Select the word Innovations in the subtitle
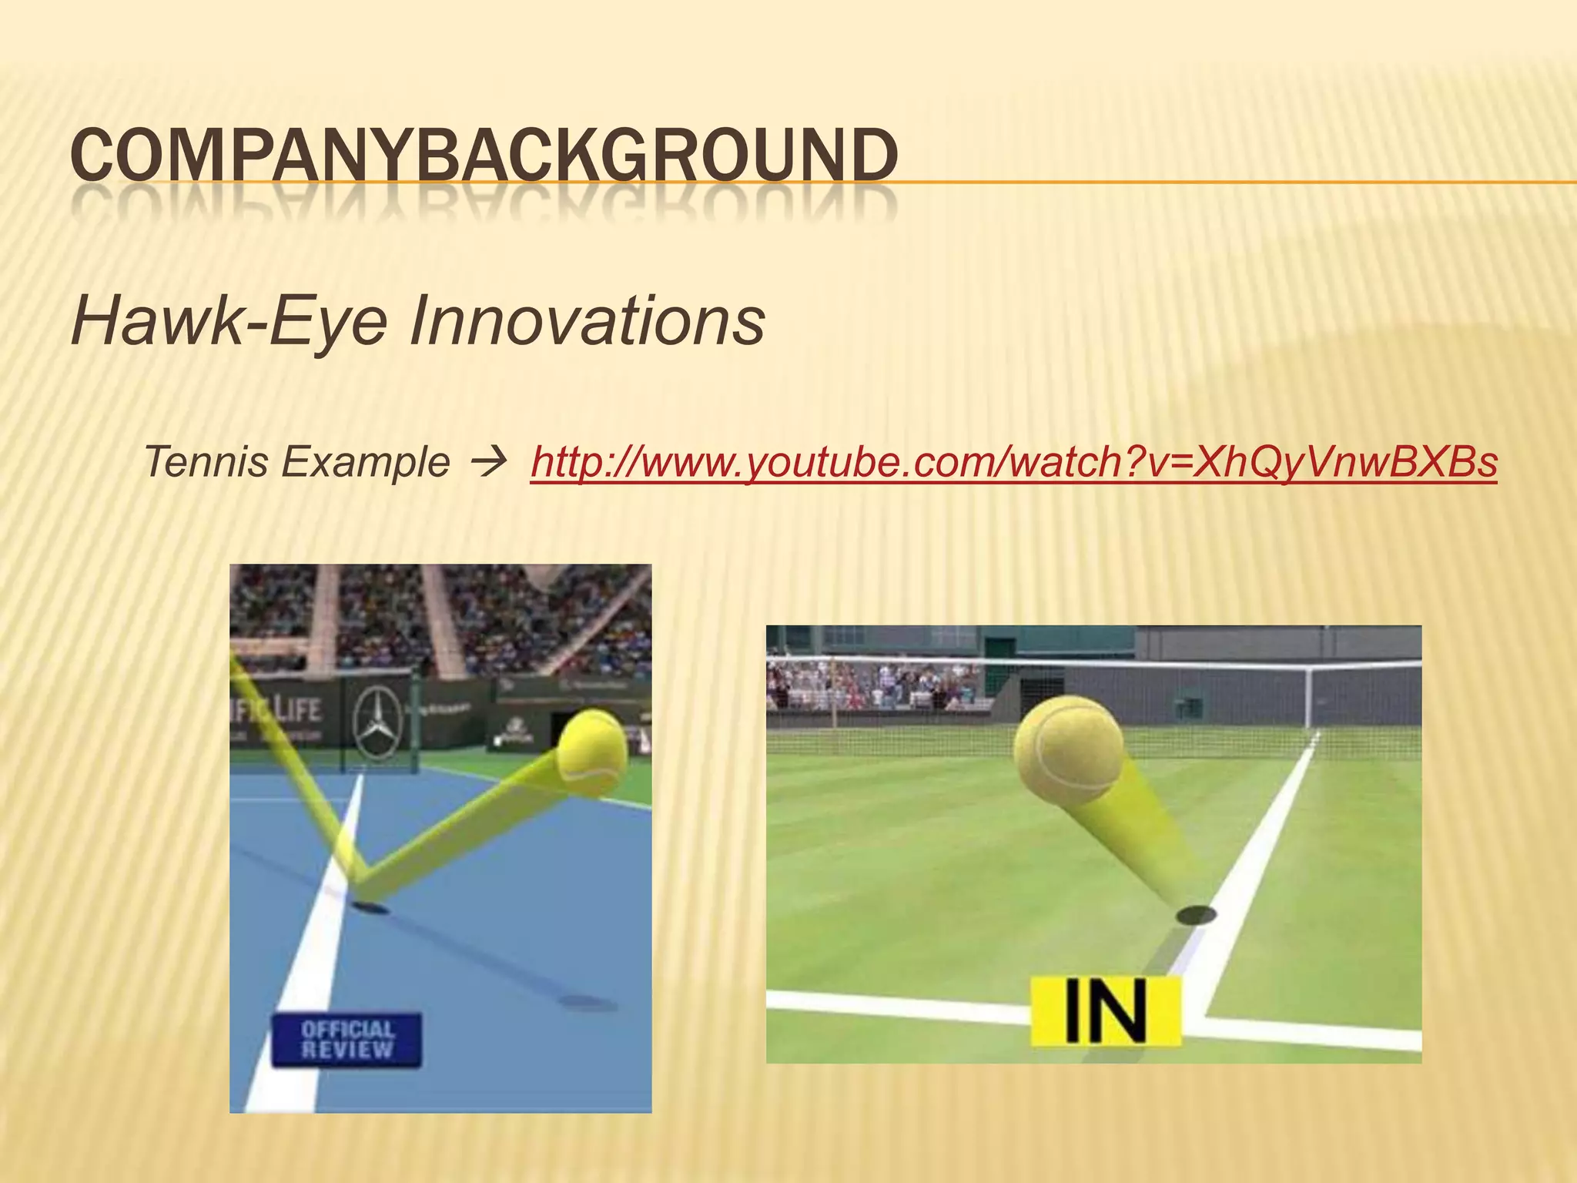click(587, 320)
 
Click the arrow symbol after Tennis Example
click(489, 462)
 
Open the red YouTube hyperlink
click(1013, 462)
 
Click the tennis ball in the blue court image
click(591, 752)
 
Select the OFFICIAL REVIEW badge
click(347, 1040)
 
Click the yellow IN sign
click(1106, 1011)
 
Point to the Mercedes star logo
click(377, 722)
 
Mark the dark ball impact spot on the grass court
click(1196, 915)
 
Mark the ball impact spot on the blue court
click(370, 907)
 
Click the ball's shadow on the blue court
click(587, 1003)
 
